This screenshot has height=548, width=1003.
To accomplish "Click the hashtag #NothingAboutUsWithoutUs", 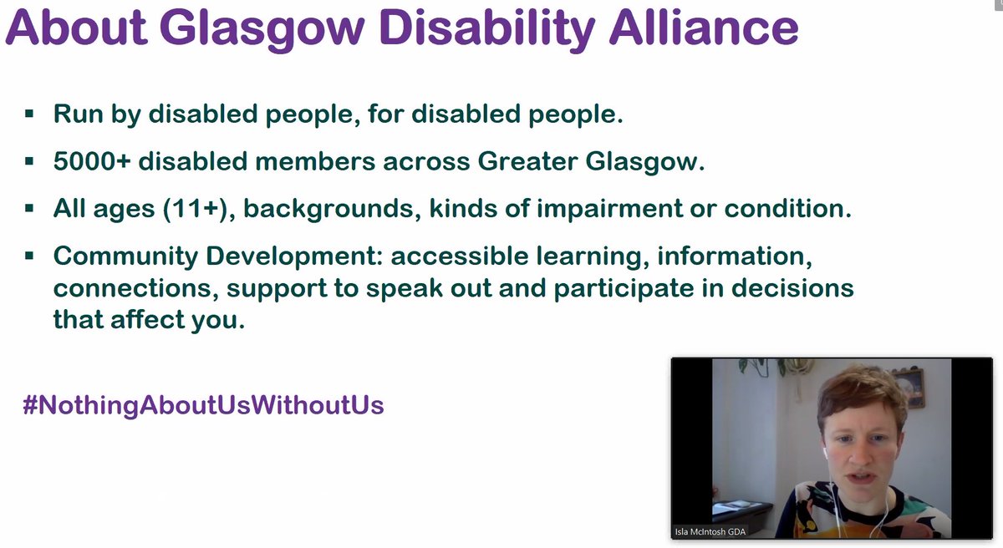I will (204, 405).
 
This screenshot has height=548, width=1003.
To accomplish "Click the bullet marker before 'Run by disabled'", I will (30, 113).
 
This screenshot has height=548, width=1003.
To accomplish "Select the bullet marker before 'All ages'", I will (30, 208).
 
